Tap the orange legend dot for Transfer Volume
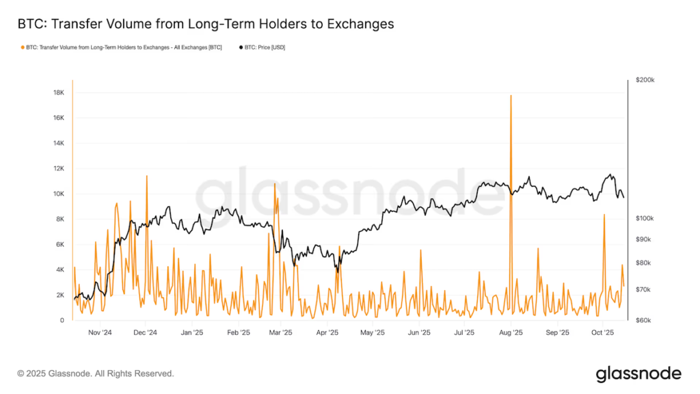tap(23, 47)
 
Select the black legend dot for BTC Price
tap(241, 47)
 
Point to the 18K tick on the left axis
tap(59, 92)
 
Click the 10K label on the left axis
tap(59, 194)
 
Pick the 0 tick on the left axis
tap(62, 320)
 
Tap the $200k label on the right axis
tap(645, 80)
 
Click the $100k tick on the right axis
tap(645, 218)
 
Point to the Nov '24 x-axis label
tap(100, 333)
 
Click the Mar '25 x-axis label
tap(281, 333)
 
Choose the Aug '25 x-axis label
tap(511, 333)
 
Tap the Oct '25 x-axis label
tap(603, 333)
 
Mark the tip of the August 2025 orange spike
tap(511, 96)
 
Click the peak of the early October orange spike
tap(604, 215)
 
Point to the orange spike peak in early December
tap(146, 176)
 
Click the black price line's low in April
tap(336, 272)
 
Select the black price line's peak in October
tap(610, 174)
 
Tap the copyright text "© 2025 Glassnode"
tap(61, 373)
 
